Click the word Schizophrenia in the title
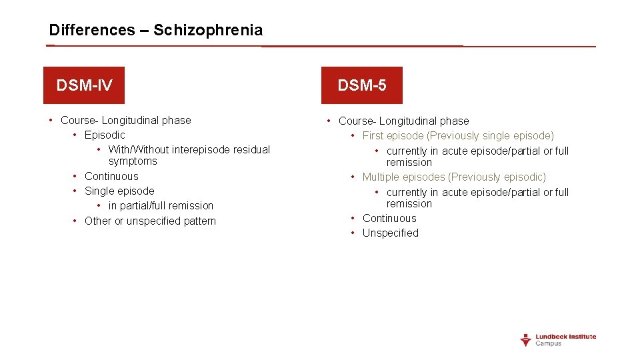(208, 30)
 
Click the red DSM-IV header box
(84, 85)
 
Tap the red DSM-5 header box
(362, 85)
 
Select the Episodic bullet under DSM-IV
(105, 135)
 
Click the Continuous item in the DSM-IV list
(111, 176)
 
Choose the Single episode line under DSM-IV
(119, 191)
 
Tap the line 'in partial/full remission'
(161, 205)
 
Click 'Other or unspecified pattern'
(150, 221)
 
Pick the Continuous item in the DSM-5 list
(389, 218)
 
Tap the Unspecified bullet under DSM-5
(391, 233)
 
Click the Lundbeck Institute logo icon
(526, 340)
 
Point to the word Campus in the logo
(549, 343)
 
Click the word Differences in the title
(91, 30)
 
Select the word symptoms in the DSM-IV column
(133, 161)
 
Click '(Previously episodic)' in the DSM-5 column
(497, 177)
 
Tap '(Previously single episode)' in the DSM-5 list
(501, 136)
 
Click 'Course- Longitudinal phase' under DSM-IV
(125, 121)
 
